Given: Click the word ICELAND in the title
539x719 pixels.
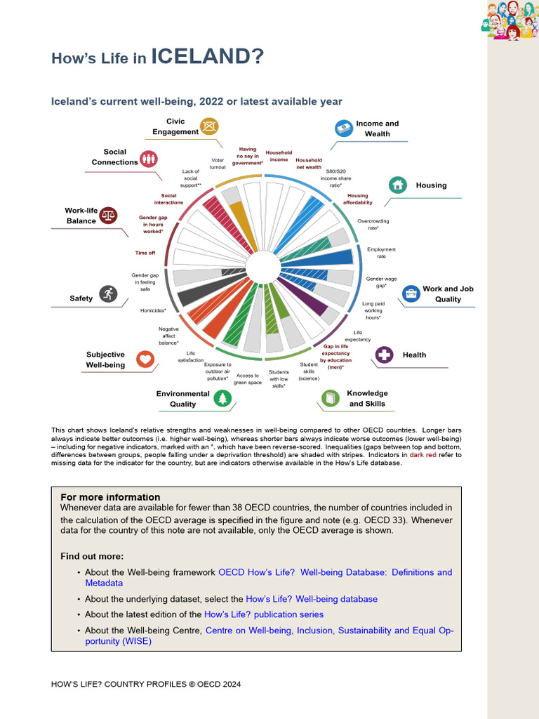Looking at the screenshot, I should tap(207, 56).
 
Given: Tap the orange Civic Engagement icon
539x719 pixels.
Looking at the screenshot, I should tap(209, 126).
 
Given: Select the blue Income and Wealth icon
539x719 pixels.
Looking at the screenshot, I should tap(343, 128).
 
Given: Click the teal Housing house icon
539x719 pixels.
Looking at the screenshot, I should tap(398, 185).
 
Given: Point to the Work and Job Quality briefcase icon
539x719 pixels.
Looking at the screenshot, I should tap(411, 293).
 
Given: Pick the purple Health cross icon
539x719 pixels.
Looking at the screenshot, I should tap(384, 355).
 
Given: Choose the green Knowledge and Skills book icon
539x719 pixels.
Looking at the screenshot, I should tap(330, 399).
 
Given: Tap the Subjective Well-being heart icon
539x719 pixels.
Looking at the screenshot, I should tap(145, 359).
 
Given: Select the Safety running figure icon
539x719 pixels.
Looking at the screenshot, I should tap(107, 293).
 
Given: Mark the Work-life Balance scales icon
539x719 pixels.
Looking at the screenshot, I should tap(109, 215).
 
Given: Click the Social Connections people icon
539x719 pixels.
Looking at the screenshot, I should tap(148, 158).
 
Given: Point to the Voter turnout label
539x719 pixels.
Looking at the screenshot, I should tap(218, 164).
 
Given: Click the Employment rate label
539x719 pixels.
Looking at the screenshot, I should tap(381, 253).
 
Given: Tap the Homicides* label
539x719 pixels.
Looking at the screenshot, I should tap(153, 310).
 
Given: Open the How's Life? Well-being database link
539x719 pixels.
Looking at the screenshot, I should tap(312, 599).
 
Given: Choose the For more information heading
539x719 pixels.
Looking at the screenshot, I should tap(110, 497).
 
